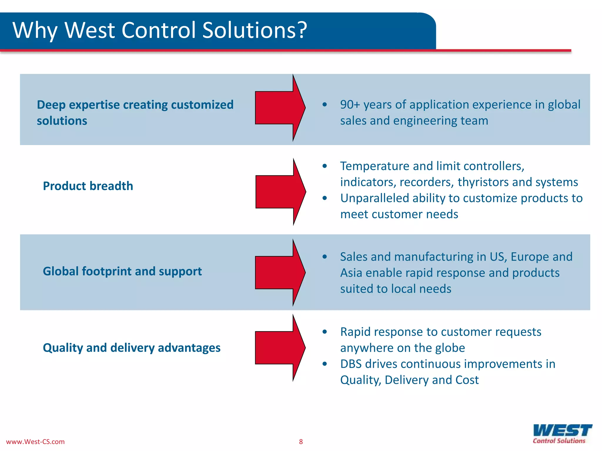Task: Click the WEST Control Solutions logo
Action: click(562, 433)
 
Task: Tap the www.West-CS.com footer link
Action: click(35, 442)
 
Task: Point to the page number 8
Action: click(301, 442)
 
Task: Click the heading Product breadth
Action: click(88, 186)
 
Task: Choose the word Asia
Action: click(351, 273)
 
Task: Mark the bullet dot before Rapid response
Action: click(325, 332)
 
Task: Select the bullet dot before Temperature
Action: click(325, 166)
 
